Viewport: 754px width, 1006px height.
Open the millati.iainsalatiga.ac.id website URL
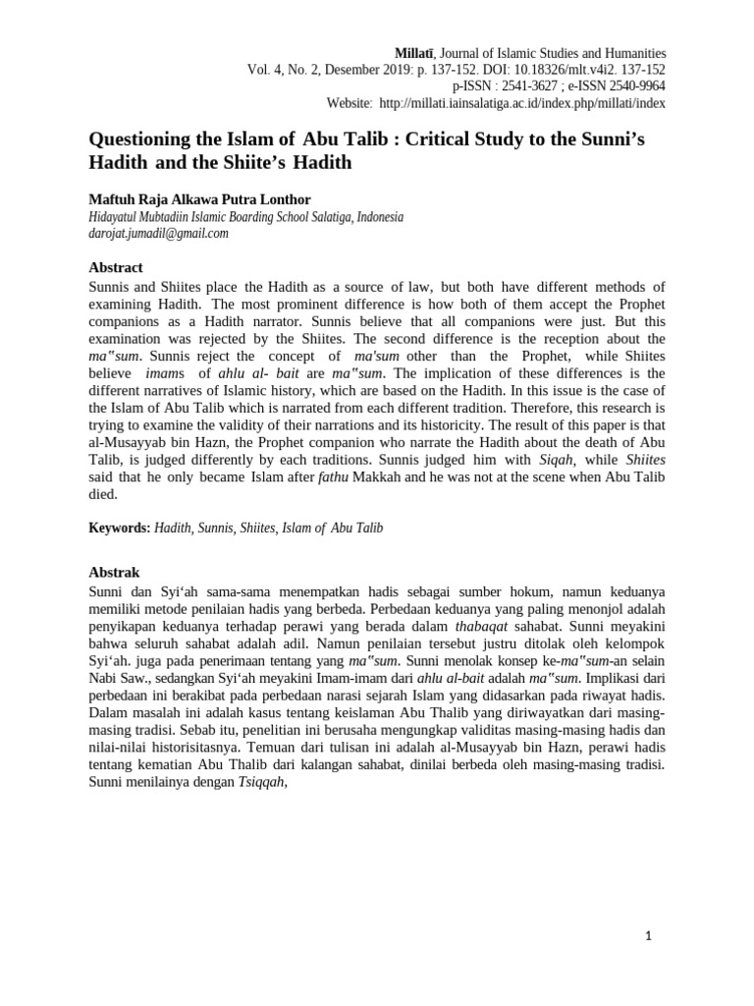point(522,103)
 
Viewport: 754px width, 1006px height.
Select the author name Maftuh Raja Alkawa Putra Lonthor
point(199,199)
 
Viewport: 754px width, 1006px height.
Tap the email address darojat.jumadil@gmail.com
point(159,233)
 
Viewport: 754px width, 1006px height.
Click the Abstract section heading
point(116,267)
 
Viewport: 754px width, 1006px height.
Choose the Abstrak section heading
point(115,572)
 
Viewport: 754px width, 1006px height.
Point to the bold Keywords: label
point(120,528)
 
